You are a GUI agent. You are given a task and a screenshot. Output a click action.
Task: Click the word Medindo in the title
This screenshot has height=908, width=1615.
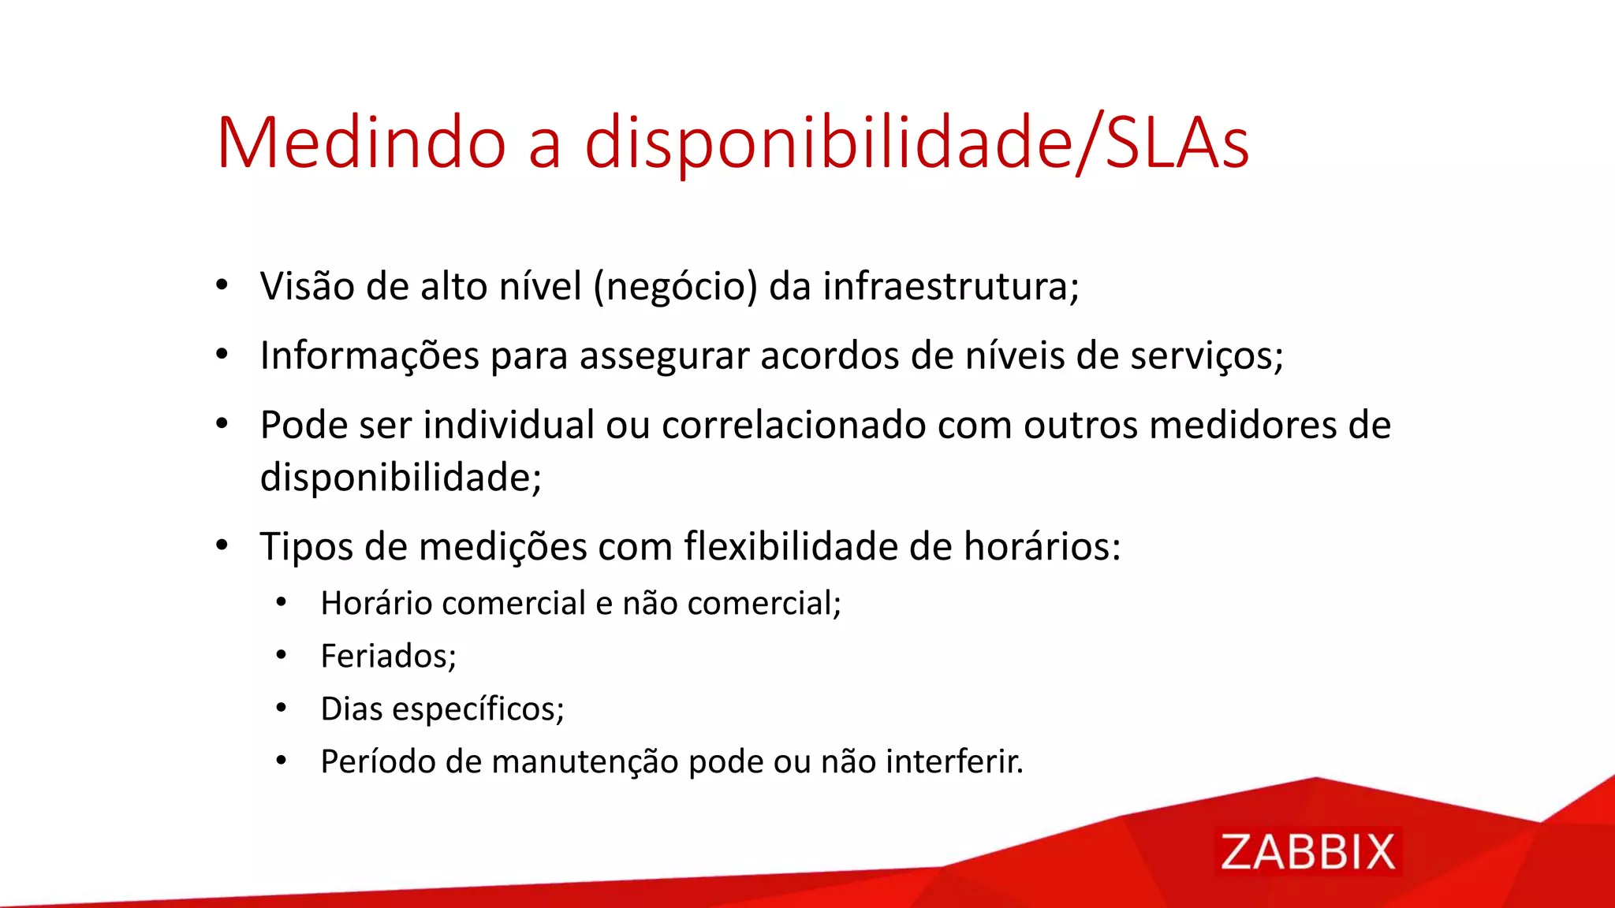point(361,143)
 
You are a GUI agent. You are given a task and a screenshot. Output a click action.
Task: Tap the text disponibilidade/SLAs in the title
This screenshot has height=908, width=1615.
point(916,143)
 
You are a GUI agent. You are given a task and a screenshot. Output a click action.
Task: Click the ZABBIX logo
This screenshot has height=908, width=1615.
point(1307,852)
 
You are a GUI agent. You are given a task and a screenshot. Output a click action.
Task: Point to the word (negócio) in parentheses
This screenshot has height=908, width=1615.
point(675,287)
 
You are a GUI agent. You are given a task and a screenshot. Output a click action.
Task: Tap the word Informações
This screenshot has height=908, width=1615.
point(369,355)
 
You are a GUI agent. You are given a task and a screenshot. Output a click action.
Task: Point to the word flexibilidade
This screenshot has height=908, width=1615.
point(790,546)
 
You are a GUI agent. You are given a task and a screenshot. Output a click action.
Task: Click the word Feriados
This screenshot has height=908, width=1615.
point(386,656)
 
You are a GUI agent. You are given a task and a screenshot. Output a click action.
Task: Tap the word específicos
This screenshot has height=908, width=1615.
point(478,709)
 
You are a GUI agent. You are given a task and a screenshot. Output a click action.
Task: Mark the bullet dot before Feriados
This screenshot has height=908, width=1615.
point(282,655)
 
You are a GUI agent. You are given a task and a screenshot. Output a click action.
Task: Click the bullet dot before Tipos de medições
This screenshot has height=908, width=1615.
point(222,545)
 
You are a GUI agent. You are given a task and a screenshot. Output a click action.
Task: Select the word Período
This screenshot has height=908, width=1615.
point(377,761)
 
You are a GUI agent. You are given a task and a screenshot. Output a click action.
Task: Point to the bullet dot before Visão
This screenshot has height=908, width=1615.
point(222,285)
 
